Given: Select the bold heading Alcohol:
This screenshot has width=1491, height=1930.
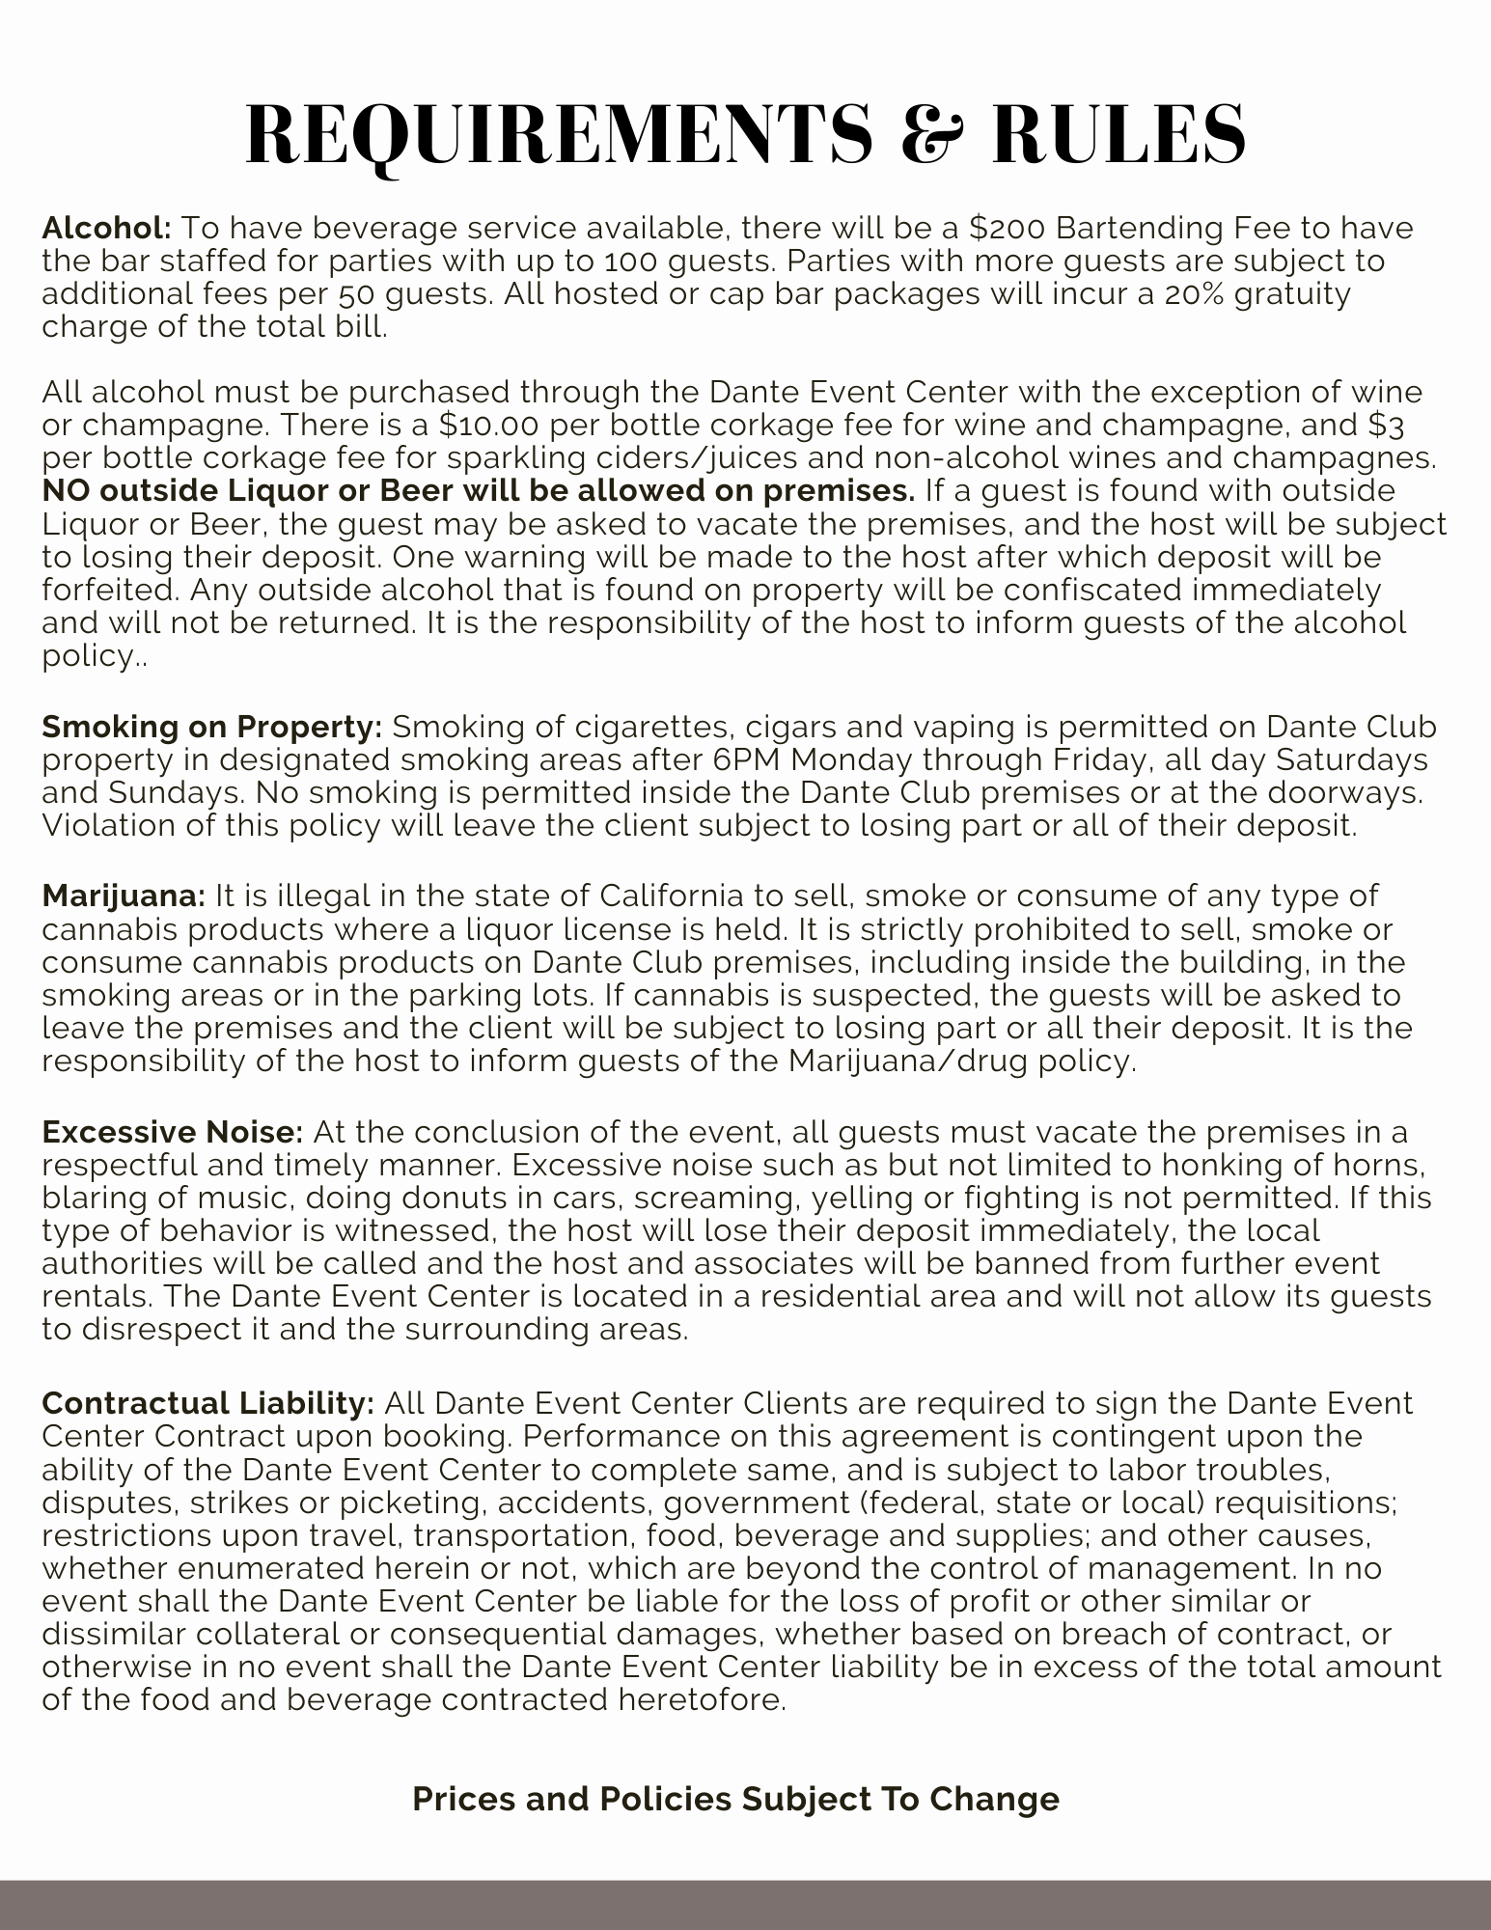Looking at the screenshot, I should [106, 229].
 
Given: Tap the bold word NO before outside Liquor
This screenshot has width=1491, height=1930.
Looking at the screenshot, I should [67, 490].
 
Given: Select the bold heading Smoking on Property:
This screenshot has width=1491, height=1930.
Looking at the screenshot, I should [212, 726].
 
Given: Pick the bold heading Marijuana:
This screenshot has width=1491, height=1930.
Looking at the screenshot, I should [124, 896].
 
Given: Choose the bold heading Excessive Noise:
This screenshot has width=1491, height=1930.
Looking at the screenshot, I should [173, 1131].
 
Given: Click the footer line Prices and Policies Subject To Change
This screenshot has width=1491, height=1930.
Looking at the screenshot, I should [735, 1799].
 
